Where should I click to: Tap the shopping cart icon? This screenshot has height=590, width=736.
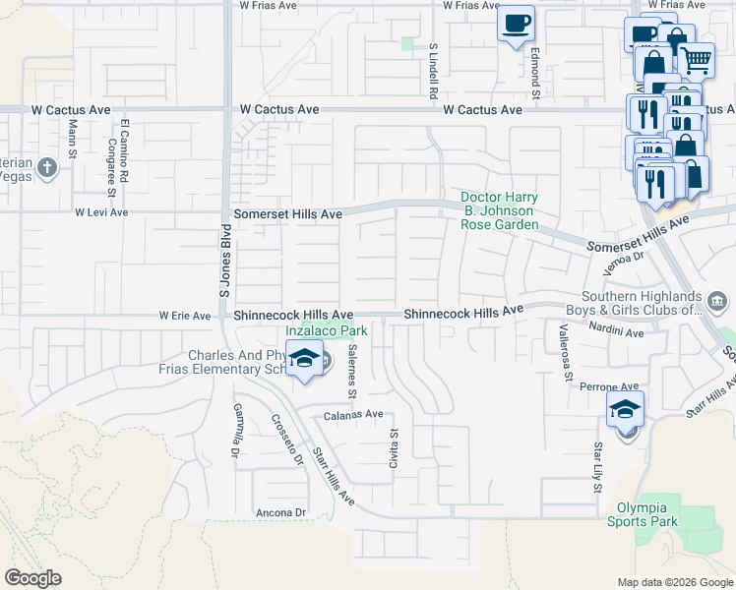pos(697,59)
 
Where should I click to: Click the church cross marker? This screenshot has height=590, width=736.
pos(46,168)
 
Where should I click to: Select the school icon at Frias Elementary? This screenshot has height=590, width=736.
pos(305,362)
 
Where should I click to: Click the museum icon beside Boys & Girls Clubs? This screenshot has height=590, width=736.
pos(716,299)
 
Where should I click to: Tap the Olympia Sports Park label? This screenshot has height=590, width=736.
pos(647,514)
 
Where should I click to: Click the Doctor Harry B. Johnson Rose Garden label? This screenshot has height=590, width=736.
pos(499,210)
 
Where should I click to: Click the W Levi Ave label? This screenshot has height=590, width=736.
pos(102,212)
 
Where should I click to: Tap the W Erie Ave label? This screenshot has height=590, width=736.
pos(185,316)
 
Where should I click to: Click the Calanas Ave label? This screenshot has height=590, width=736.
pos(353,415)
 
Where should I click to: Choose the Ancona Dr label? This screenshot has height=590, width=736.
pos(280,512)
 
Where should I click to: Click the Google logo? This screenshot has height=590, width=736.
pos(33,577)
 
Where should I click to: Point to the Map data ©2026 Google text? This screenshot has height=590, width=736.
pos(674,582)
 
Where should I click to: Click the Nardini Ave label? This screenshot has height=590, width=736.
pos(616,333)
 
